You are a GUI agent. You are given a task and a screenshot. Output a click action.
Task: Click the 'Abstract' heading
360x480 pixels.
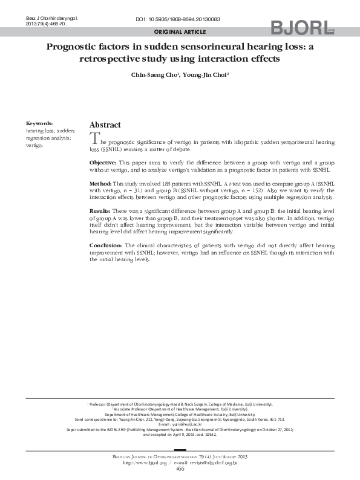(x=105, y=125)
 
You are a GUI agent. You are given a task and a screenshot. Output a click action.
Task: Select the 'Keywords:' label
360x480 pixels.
(x=39, y=123)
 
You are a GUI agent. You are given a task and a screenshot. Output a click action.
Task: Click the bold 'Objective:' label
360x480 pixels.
(x=103, y=163)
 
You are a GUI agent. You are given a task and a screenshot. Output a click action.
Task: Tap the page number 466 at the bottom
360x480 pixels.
(x=180, y=469)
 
